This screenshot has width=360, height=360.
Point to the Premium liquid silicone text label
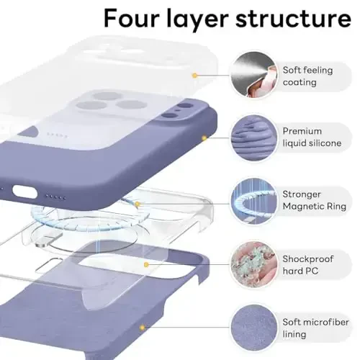311,138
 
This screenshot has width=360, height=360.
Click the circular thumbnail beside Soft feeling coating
251,74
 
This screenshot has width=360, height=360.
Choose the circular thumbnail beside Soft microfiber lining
251,327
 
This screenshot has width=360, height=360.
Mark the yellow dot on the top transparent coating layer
194,74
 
